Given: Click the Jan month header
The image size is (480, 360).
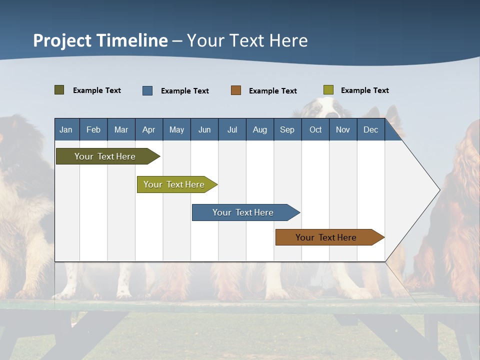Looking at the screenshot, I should pyautogui.click(x=66, y=129).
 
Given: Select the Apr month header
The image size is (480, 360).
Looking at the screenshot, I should pyautogui.click(x=148, y=129).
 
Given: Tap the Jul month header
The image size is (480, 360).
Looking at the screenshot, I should pyautogui.click(x=232, y=129).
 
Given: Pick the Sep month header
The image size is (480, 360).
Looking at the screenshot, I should pyautogui.click(x=287, y=129).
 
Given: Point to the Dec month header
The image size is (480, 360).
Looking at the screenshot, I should pyautogui.click(x=370, y=129).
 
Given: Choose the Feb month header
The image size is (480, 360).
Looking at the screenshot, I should pyautogui.click(x=93, y=129).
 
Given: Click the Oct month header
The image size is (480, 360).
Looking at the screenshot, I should pyautogui.click(x=315, y=129).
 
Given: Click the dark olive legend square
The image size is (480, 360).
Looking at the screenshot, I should pyautogui.click(x=59, y=90).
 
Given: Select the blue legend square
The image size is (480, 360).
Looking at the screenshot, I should pyautogui.click(x=147, y=90).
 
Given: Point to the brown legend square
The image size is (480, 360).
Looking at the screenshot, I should pyautogui.click(x=236, y=90).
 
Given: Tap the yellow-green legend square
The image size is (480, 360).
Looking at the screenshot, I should pyautogui.click(x=328, y=90).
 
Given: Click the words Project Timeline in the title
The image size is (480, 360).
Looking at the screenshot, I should pyautogui.click(x=100, y=40).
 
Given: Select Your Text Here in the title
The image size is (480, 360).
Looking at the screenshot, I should pyautogui.click(x=247, y=40).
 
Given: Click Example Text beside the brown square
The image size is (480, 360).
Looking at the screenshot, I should pyautogui.click(x=272, y=91).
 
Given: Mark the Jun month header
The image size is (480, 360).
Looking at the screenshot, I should pyautogui.click(x=204, y=129).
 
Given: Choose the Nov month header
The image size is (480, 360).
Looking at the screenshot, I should pyautogui.click(x=343, y=129).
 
